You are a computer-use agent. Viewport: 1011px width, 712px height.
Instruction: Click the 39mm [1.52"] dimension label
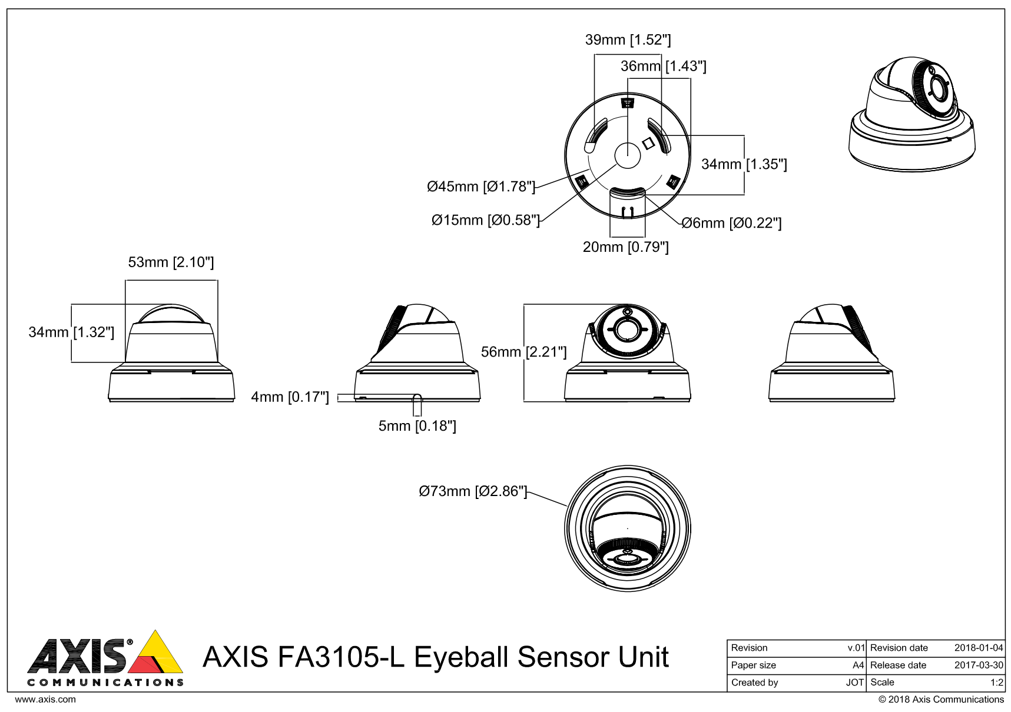coord(628,40)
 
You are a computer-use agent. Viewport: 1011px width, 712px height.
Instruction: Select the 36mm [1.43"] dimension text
coord(663,66)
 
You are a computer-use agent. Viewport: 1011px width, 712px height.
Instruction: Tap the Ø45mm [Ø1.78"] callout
coord(481,187)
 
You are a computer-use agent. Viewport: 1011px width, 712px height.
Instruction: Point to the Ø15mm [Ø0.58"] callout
coord(485,221)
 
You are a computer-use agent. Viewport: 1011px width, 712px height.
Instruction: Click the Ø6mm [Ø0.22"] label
coord(731,224)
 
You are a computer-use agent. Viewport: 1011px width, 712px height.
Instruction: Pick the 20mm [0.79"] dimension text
coord(625,247)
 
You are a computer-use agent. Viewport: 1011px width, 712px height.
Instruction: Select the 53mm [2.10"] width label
coord(171,262)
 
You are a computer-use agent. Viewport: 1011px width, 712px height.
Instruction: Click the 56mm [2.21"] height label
coord(523,352)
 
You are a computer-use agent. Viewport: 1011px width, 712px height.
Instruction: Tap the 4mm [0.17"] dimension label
coord(290,397)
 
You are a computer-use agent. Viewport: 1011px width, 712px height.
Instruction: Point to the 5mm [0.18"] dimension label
coord(417,426)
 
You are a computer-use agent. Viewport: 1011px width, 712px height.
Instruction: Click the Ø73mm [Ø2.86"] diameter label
coord(473,491)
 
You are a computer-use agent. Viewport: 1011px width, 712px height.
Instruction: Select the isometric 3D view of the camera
coord(911,115)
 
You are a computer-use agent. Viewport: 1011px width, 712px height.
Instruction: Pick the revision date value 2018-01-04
coord(978,648)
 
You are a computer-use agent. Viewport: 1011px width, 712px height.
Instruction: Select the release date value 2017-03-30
coord(978,666)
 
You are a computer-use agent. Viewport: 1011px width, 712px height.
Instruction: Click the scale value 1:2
coord(996,683)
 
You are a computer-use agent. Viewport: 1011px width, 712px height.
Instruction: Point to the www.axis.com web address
coord(45,700)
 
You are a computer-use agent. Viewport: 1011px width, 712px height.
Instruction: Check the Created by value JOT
coord(854,683)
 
